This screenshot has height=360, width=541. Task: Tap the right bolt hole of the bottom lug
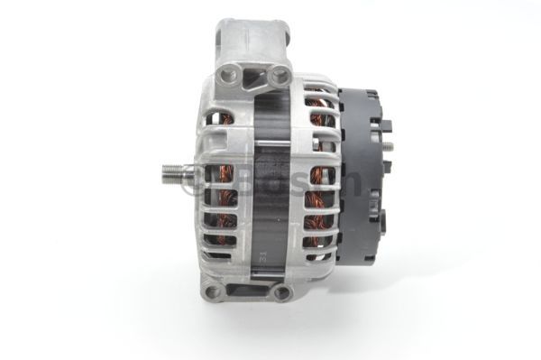[282, 292]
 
